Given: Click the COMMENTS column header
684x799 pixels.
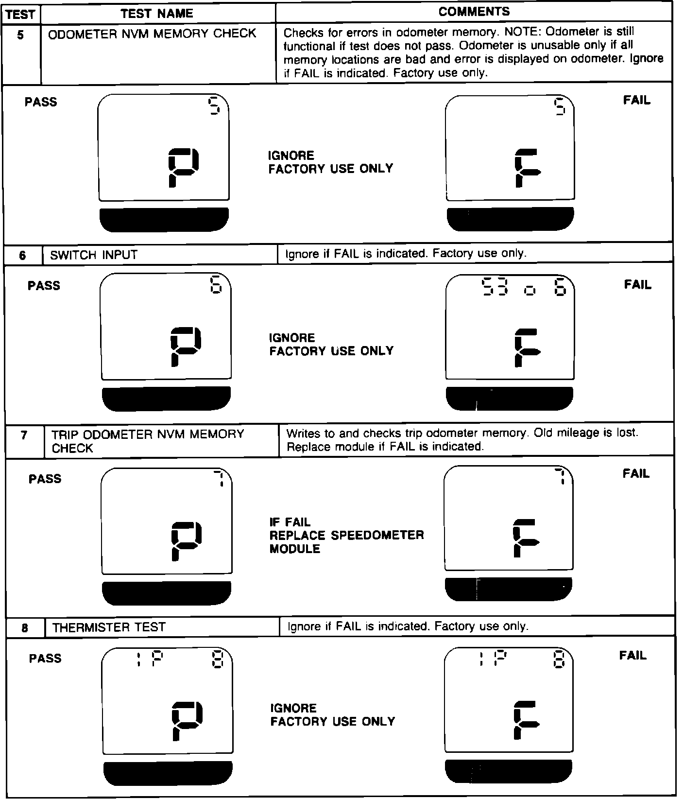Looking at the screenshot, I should point(474,12).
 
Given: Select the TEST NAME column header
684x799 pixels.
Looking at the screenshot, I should point(157,13).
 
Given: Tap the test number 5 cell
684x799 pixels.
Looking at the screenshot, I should point(20,35).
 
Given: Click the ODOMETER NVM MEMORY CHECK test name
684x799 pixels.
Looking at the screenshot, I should point(152,34).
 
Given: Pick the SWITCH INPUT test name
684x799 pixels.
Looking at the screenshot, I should point(94,255).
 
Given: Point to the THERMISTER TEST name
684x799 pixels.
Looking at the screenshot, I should point(109,627).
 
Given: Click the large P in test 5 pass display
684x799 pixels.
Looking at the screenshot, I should point(183,168).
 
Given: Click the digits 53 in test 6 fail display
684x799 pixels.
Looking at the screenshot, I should point(494,287).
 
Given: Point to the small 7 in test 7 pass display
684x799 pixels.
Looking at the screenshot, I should point(220,479).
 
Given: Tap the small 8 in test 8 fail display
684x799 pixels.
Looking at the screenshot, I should point(559,660).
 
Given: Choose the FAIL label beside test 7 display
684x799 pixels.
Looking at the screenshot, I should point(636,473).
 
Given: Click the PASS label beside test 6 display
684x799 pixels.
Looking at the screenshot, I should point(44,285).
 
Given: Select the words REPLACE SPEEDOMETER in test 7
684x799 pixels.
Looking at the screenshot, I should point(346,535).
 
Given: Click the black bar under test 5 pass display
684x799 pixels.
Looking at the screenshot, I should point(164,220).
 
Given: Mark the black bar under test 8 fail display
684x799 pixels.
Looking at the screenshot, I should point(508,771).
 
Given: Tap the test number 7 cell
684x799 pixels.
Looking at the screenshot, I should point(24,435).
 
